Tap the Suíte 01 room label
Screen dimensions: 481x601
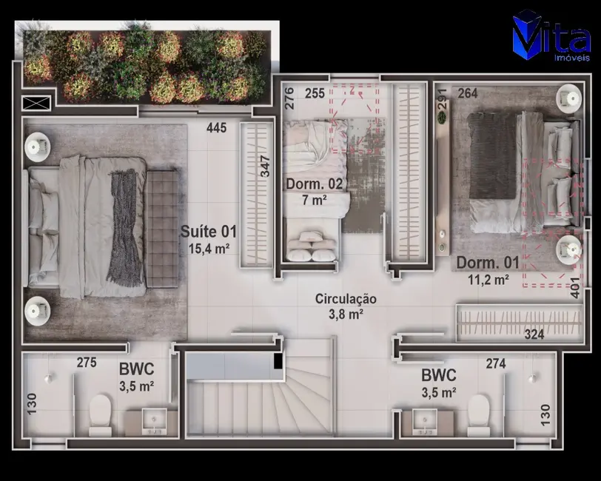click(208, 232)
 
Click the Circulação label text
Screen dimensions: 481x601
click(346, 299)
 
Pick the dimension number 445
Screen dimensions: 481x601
click(216, 128)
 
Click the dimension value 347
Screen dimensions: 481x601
click(266, 164)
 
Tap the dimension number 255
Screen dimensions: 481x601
click(315, 93)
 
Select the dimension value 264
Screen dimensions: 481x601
click(467, 93)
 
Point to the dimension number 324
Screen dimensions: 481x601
click(534, 334)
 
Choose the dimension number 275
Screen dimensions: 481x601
click(87, 363)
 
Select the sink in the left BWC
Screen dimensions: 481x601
click(154, 421)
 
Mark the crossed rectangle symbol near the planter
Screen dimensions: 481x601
click(36, 103)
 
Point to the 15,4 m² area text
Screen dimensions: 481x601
click(208, 248)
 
